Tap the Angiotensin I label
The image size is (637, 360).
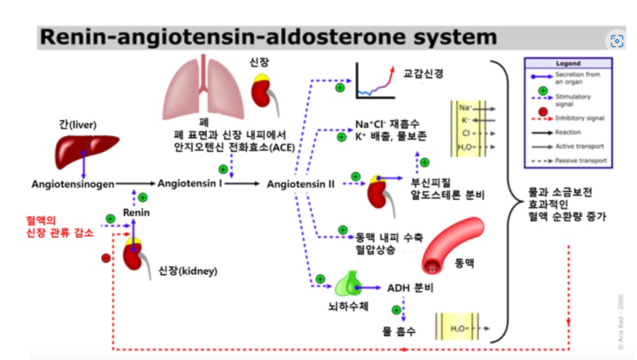coord(190,183)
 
